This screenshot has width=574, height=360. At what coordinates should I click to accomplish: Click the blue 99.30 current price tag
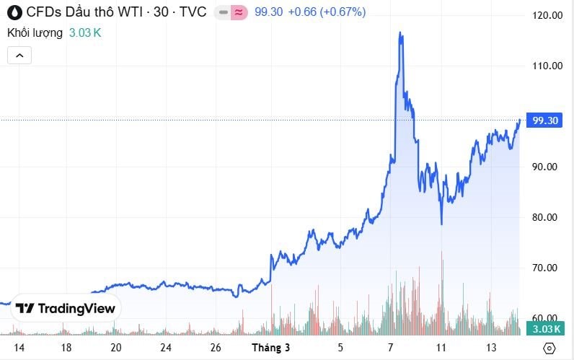coord(545,120)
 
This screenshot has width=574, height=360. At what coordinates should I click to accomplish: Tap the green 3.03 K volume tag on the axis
coord(545,329)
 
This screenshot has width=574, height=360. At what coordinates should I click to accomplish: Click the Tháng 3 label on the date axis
coord(270,348)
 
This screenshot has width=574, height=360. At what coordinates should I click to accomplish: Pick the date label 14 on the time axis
coord(19,348)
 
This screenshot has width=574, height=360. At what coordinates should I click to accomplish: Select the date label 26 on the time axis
coord(216,348)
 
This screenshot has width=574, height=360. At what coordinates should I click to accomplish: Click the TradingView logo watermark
coord(66,308)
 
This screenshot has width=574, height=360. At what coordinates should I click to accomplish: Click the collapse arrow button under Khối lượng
coord(19,55)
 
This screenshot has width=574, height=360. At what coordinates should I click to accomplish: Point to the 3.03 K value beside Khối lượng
coord(85,33)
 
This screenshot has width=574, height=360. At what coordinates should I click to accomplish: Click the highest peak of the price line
coord(400,32)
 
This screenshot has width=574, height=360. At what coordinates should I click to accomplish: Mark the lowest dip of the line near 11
coord(441,224)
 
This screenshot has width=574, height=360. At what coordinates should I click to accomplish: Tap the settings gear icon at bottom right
coord(549,348)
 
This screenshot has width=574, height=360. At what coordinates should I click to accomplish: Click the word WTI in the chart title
coord(128,12)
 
